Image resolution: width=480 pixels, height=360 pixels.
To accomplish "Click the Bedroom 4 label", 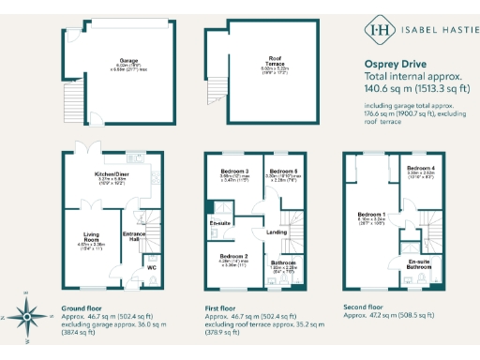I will point(419,167).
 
